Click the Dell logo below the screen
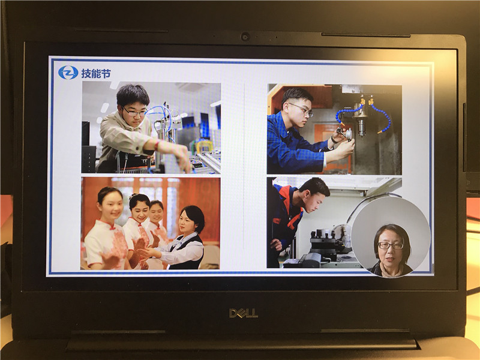(244, 313)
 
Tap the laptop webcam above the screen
(245, 37)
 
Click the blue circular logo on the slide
(68, 73)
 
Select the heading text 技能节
(96, 73)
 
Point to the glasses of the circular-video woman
(391, 245)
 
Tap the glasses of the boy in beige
(134, 112)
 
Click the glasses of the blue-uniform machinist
(302, 110)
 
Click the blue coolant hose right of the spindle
(383, 118)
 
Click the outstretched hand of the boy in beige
(183, 158)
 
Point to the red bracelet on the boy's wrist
(157, 145)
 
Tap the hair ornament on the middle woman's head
(133, 196)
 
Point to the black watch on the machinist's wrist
(333, 140)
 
